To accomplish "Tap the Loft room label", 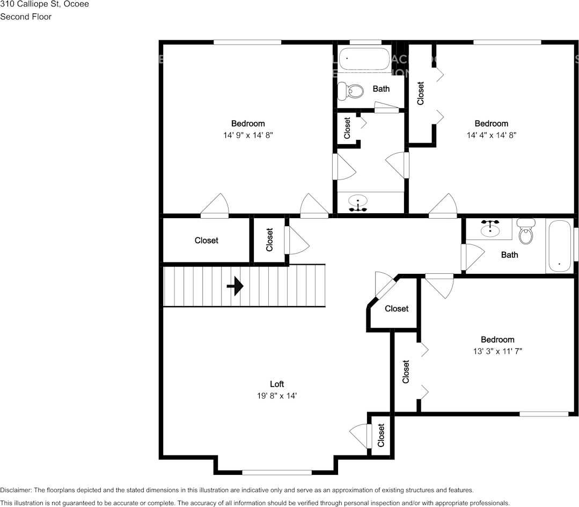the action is pyautogui.click(x=277, y=384).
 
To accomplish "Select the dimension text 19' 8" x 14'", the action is pyautogui.click(x=277, y=396).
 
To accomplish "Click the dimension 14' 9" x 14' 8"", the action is pyautogui.click(x=248, y=136).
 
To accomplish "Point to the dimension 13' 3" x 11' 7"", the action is pyautogui.click(x=497, y=352).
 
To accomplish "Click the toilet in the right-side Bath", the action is pyautogui.click(x=526, y=232).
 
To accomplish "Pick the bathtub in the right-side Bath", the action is pyautogui.click(x=560, y=247).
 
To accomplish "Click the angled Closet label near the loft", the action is pyautogui.click(x=397, y=309).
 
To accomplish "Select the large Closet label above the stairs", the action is pyautogui.click(x=207, y=241).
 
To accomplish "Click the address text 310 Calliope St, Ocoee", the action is pyautogui.click(x=45, y=4).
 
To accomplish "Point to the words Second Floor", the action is pyautogui.click(x=26, y=17).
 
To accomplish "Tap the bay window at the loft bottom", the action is pyautogui.click(x=277, y=472).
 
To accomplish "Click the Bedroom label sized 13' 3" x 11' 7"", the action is pyautogui.click(x=497, y=339).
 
